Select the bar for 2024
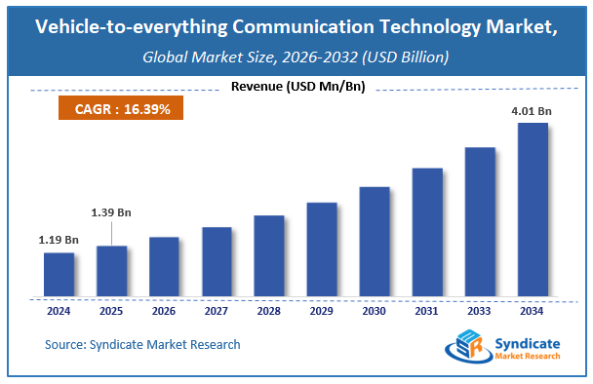tap(59, 275)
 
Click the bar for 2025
tap(111, 271)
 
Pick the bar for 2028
tap(269, 256)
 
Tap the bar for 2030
tap(375, 241)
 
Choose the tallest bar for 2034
tap(533, 210)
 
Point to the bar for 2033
tap(480, 222)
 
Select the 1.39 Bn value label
tap(111, 211)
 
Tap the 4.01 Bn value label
tap(533, 112)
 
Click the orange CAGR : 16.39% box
tap(123, 109)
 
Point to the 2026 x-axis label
tap(164, 312)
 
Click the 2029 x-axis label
tap(322, 312)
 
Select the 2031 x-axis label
tap(427, 312)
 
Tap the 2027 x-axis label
tap(217, 312)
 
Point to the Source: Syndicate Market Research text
tap(142, 344)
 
